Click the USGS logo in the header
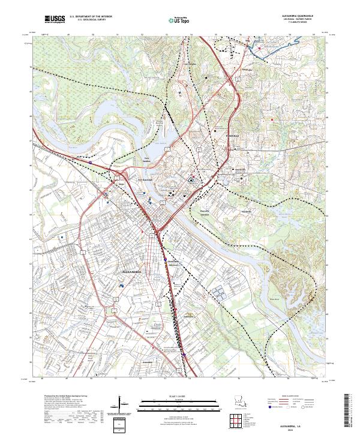click(55, 20)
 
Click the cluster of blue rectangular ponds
click(217, 293)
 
